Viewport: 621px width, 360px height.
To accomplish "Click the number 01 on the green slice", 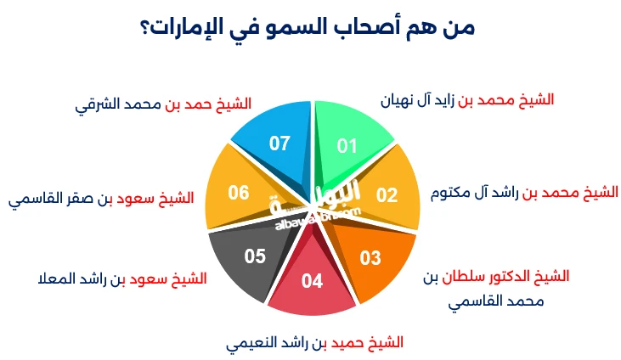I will [347, 145].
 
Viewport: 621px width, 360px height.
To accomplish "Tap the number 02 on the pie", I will [387, 194].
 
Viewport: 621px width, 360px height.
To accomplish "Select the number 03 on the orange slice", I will [370, 258].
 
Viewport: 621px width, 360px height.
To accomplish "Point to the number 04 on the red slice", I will [312, 281].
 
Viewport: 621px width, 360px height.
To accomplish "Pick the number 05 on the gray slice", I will [255, 255].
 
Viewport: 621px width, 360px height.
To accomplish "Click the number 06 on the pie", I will [238, 193].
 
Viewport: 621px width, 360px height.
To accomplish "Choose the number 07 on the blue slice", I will [279, 143].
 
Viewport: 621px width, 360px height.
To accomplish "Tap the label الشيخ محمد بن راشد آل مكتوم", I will [522, 192].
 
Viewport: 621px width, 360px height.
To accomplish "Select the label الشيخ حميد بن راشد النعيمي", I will [314, 343].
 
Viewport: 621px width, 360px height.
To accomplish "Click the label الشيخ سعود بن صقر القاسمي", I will [101, 199].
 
